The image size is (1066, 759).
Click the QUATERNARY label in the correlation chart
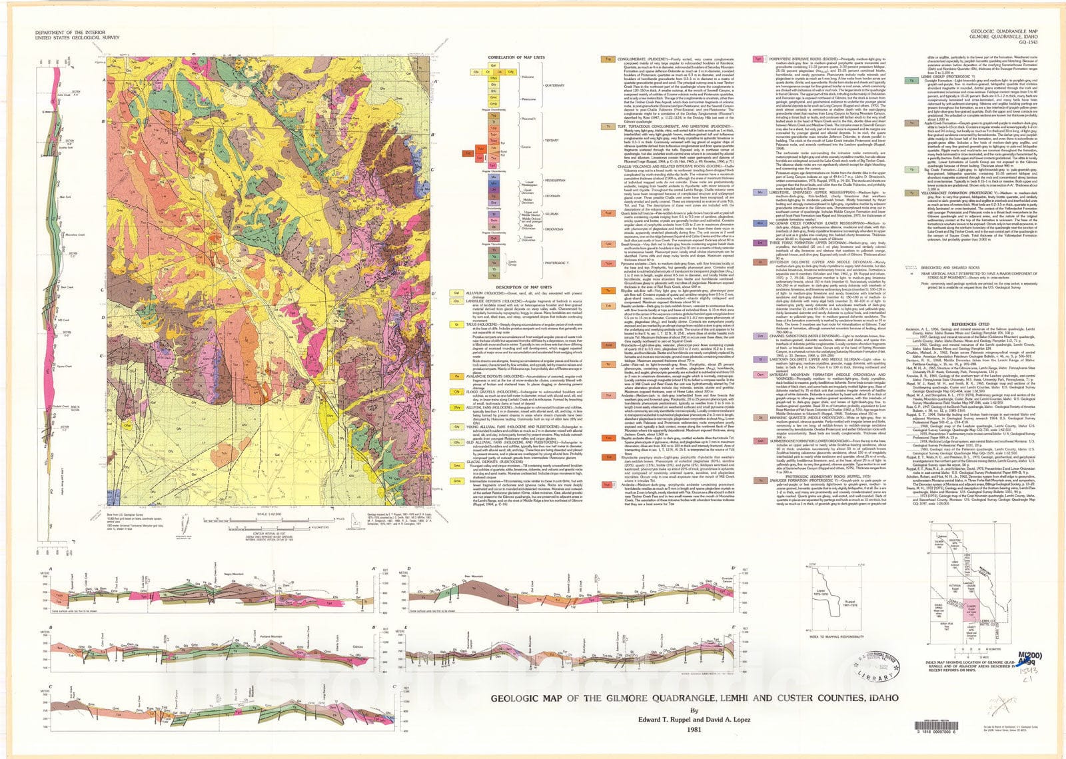[x=554, y=85]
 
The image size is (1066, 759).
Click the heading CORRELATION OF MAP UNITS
[x=516, y=57]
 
